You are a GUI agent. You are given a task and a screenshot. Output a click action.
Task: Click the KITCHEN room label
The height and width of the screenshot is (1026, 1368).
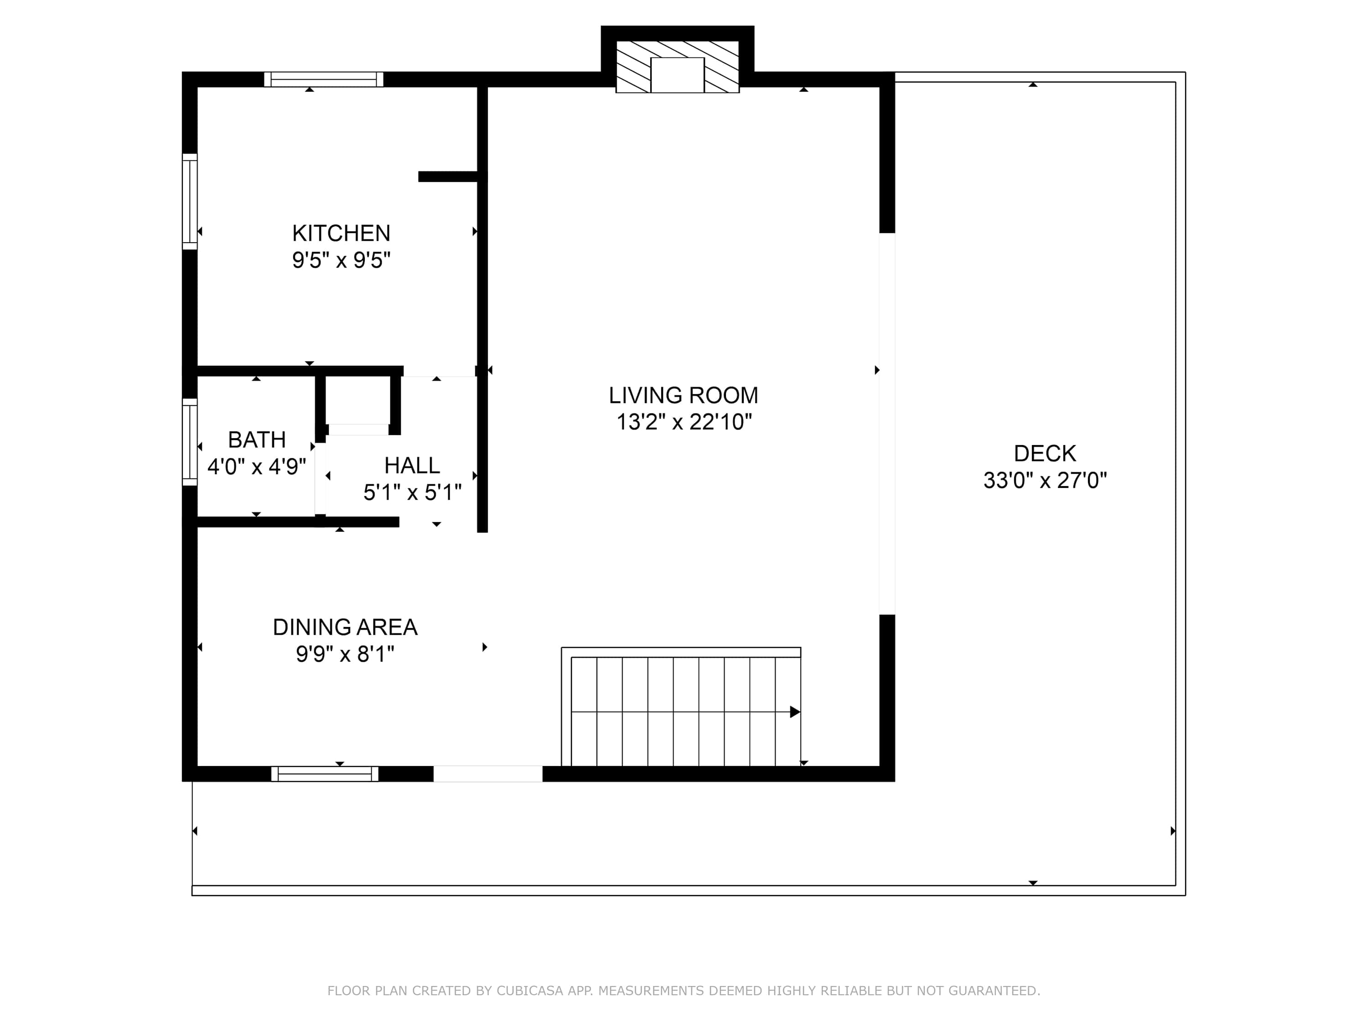[342, 233]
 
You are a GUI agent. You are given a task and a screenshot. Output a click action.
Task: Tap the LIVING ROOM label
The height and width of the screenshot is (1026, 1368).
[684, 395]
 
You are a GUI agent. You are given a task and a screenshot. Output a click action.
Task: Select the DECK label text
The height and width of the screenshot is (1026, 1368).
[1045, 453]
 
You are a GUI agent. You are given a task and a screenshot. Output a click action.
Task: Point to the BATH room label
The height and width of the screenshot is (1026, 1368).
[257, 440]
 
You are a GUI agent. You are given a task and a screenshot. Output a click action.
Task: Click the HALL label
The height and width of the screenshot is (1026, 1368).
[412, 465]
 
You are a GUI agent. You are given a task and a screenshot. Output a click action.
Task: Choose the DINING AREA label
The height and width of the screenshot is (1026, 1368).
[345, 627]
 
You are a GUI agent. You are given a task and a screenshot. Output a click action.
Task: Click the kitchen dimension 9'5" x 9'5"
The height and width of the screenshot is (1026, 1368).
[342, 260]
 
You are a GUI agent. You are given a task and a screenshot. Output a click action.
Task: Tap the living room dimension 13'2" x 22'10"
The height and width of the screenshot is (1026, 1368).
[684, 422]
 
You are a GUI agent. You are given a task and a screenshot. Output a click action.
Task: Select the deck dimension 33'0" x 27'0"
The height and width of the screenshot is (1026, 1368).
[1045, 480]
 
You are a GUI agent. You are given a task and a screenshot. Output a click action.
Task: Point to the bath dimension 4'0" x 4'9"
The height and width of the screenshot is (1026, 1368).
[257, 466]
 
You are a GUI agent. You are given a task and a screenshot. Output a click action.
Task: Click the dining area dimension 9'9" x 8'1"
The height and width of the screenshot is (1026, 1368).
[345, 654]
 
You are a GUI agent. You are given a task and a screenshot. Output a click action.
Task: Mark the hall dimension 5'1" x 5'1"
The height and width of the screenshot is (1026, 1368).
[413, 492]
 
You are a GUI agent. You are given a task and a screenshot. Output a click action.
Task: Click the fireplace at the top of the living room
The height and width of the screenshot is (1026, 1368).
[677, 67]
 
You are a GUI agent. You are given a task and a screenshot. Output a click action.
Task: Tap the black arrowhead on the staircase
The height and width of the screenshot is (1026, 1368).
[795, 712]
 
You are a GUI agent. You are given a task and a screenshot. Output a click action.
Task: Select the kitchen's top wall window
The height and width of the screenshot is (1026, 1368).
[323, 79]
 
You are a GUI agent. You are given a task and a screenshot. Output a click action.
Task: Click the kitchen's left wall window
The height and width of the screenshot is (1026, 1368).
[190, 202]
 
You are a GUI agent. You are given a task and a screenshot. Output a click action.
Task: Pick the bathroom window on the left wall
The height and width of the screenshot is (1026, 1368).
[190, 442]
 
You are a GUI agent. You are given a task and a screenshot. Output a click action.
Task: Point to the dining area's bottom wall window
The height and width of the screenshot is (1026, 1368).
[325, 774]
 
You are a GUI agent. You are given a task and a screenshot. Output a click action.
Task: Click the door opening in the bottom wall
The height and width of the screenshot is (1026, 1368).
[488, 774]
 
